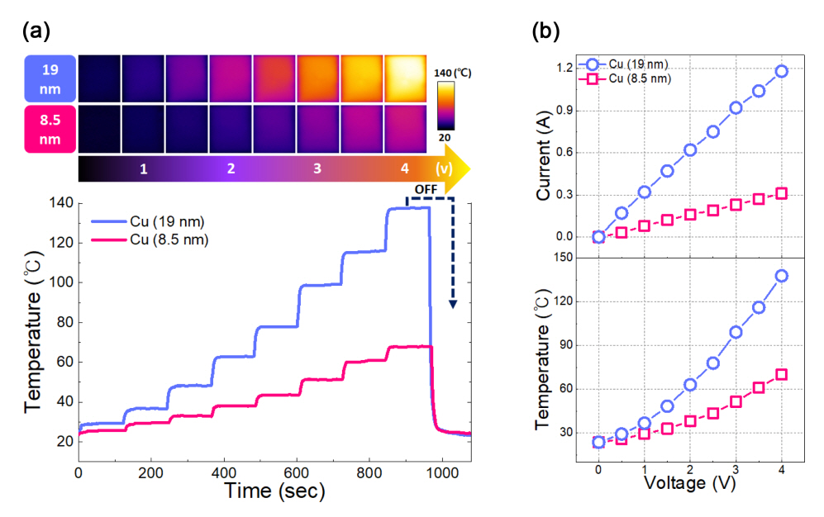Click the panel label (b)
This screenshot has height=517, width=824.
click(x=546, y=31)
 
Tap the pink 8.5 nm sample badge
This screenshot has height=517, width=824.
click(x=50, y=128)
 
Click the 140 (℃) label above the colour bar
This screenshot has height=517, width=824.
click(x=453, y=72)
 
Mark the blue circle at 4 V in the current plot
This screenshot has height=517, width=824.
click(x=781, y=71)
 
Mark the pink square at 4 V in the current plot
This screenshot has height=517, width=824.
click(x=781, y=193)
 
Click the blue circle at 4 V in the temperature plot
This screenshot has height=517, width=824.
click(x=781, y=275)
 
